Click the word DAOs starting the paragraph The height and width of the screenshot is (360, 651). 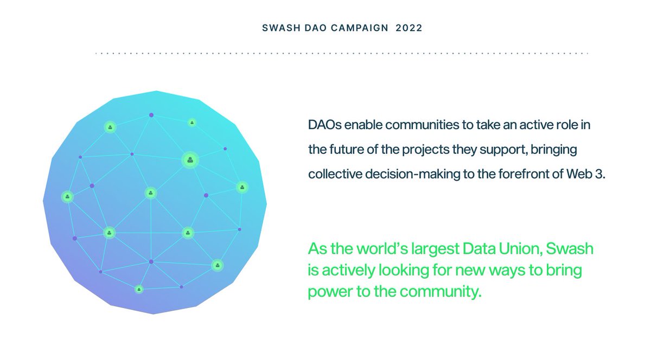(x=325, y=125)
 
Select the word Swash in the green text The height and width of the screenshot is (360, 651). (x=570, y=249)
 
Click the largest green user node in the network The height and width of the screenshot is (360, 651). (x=190, y=159)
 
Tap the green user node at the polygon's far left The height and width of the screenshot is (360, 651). (x=67, y=196)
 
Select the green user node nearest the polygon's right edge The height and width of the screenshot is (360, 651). (x=242, y=187)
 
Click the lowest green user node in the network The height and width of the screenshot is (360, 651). (x=139, y=290)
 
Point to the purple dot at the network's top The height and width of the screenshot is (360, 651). (x=151, y=115)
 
